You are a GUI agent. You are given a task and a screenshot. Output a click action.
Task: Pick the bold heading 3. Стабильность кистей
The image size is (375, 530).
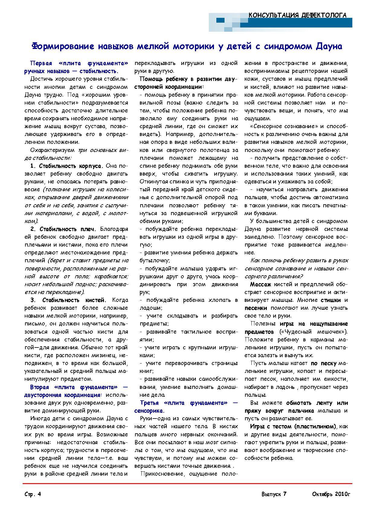coord(68,300)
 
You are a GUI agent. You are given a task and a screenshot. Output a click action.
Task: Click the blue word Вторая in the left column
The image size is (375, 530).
coord(40,387)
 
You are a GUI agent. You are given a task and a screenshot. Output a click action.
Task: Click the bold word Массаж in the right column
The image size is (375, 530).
coord(260,284)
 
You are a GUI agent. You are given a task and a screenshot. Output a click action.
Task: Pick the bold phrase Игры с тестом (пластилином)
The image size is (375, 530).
coord(293,426)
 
